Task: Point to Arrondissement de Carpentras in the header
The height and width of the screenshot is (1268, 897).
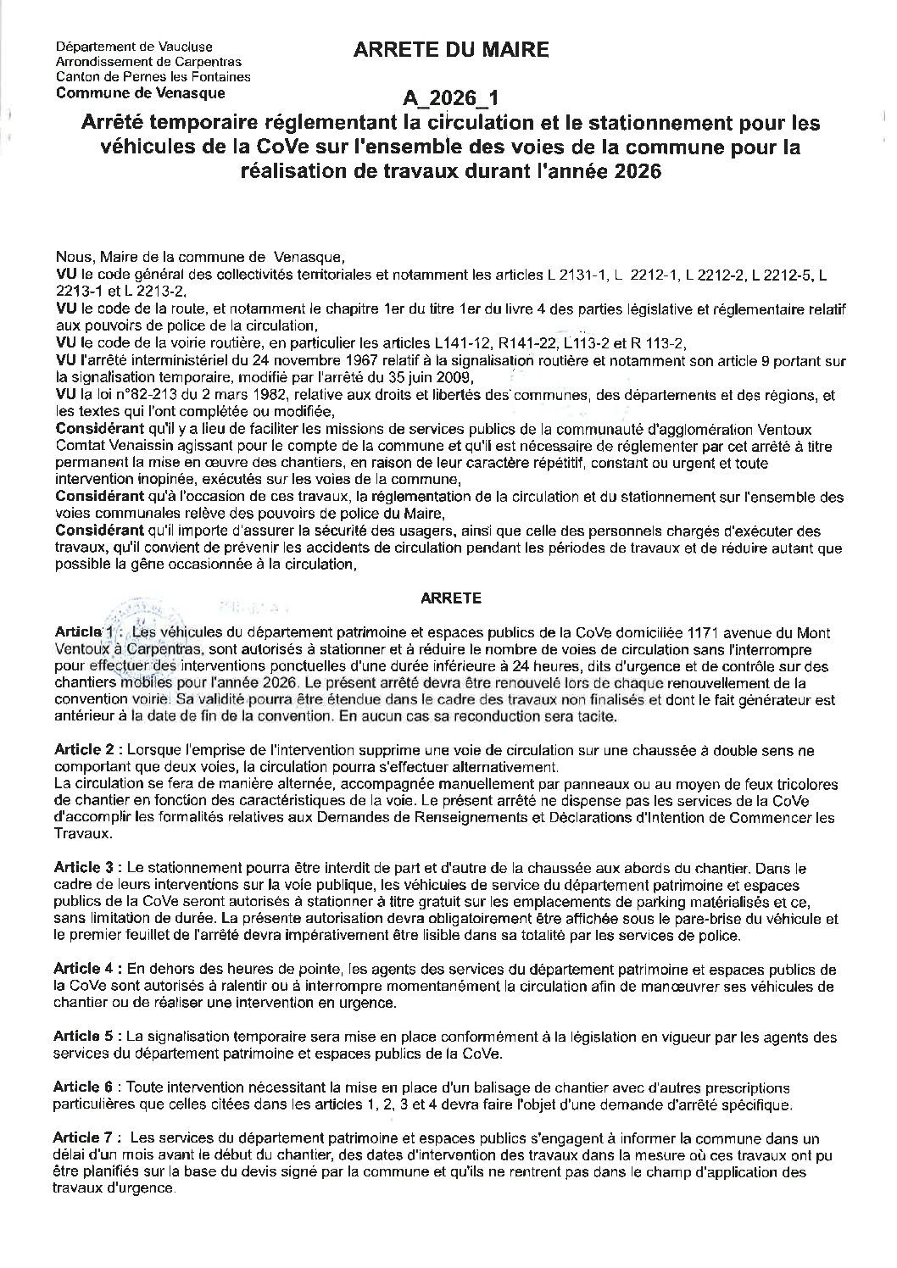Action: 148,62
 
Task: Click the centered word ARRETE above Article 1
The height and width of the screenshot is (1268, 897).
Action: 451,598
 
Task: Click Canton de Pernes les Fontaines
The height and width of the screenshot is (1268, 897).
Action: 153,77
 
